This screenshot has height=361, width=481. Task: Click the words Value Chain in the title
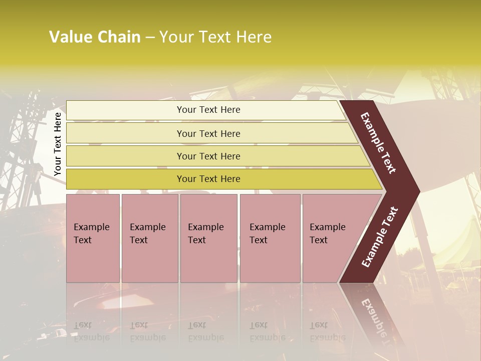(x=95, y=37)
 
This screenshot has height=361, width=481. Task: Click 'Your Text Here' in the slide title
(x=215, y=37)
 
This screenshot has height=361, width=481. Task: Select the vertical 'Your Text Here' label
(x=58, y=144)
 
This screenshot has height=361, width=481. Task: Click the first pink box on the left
(x=93, y=238)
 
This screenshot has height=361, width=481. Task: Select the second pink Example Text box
(x=149, y=238)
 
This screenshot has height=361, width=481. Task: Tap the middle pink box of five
(x=208, y=238)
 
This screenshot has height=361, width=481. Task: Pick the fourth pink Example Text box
(x=270, y=238)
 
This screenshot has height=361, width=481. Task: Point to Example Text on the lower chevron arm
(x=379, y=237)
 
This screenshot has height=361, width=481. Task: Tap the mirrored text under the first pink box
(x=92, y=331)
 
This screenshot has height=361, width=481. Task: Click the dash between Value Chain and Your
(x=150, y=38)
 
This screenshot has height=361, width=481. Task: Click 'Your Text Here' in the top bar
(x=208, y=110)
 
